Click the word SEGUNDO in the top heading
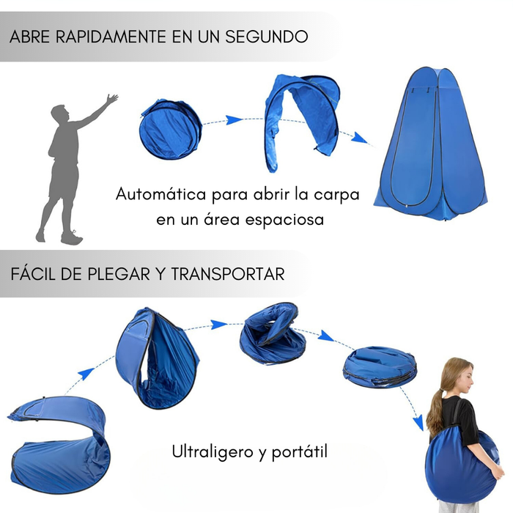(x=266, y=37)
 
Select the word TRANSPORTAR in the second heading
(x=228, y=274)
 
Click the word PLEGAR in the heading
(x=119, y=274)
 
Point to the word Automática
(x=160, y=194)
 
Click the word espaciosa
(x=284, y=220)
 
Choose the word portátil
(x=299, y=452)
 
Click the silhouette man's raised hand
(x=112, y=98)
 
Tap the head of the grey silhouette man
(x=60, y=114)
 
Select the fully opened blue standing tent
(x=431, y=143)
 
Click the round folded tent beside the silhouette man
(x=171, y=129)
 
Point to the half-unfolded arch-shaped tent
(x=301, y=121)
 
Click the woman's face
(x=466, y=379)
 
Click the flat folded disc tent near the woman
(x=379, y=366)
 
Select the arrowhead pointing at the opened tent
(x=359, y=138)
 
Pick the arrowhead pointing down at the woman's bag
(x=418, y=424)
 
